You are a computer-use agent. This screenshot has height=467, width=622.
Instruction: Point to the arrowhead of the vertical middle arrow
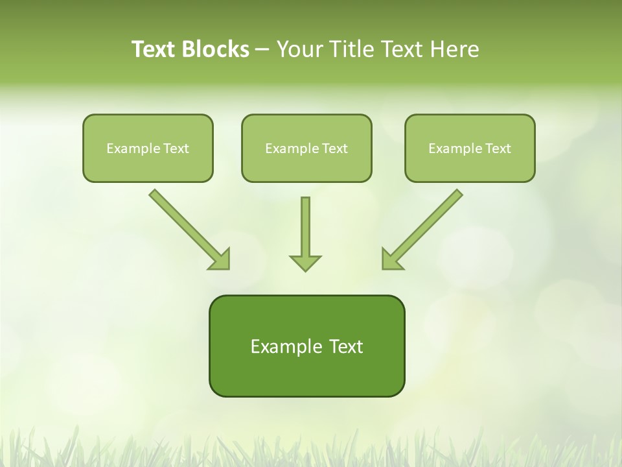[305, 263]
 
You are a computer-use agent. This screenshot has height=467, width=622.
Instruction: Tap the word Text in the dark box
[347, 346]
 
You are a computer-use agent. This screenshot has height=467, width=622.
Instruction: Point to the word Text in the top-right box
[498, 149]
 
